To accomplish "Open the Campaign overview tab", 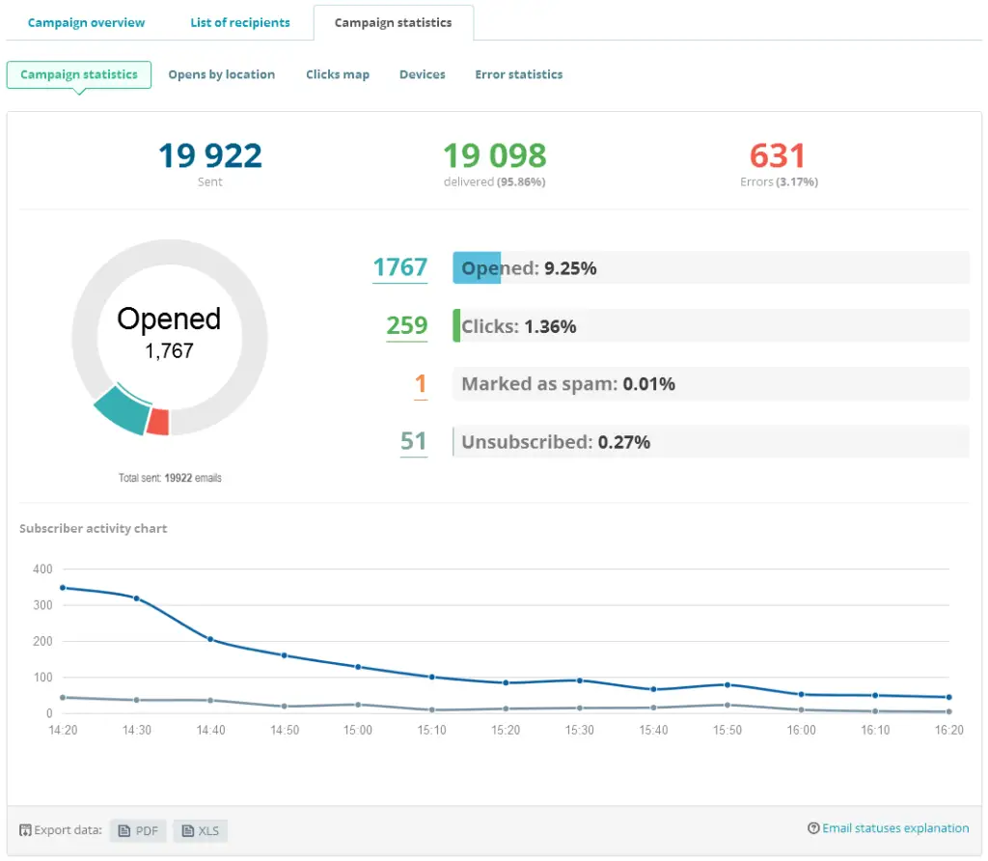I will tap(86, 22).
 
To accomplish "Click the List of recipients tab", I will tap(239, 22).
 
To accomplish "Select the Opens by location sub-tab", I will tap(221, 74).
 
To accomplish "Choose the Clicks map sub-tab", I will tap(337, 74).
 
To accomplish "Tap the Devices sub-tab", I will tap(422, 74).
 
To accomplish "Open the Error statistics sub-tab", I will tap(518, 74).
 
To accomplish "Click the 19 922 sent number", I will tap(209, 155).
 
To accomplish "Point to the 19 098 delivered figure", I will tap(494, 155).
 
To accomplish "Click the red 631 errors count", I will tap(777, 155).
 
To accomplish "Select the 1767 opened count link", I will tap(399, 267).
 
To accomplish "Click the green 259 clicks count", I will tap(406, 325).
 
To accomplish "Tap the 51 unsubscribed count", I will tap(413, 441).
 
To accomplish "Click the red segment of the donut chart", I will tap(158, 422).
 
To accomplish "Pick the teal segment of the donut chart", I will tap(121, 410).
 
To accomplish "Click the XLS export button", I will tap(202, 831).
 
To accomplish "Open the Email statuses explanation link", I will tap(889, 828).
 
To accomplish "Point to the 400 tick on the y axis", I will tap(41, 569).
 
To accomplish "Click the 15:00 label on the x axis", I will tap(358, 731).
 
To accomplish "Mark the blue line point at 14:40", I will tap(210, 640).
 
